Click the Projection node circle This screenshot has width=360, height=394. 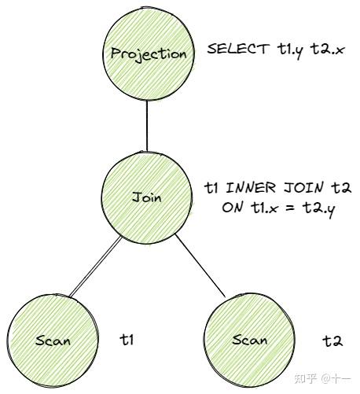(149, 53)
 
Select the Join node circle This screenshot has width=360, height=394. (147, 198)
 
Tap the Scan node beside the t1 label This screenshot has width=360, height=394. (53, 341)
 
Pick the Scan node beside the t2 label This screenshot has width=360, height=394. (249, 340)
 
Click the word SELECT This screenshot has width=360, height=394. (238, 49)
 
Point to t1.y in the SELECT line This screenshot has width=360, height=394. (290, 50)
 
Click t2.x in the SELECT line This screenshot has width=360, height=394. (328, 50)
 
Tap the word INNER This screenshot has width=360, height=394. (251, 188)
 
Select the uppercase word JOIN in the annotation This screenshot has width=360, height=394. (303, 188)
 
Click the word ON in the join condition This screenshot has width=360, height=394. (232, 208)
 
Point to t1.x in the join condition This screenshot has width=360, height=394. (263, 208)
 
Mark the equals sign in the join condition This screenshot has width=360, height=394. (289, 208)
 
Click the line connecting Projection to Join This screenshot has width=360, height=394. (147, 126)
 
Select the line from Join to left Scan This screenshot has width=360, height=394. (95, 267)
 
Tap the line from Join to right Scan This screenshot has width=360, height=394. (200, 265)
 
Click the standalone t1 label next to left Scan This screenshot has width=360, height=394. (127, 340)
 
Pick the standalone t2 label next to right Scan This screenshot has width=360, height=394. (332, 341)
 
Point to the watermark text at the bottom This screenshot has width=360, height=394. (322, 378)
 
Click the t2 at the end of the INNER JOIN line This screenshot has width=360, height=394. (341, 188)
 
